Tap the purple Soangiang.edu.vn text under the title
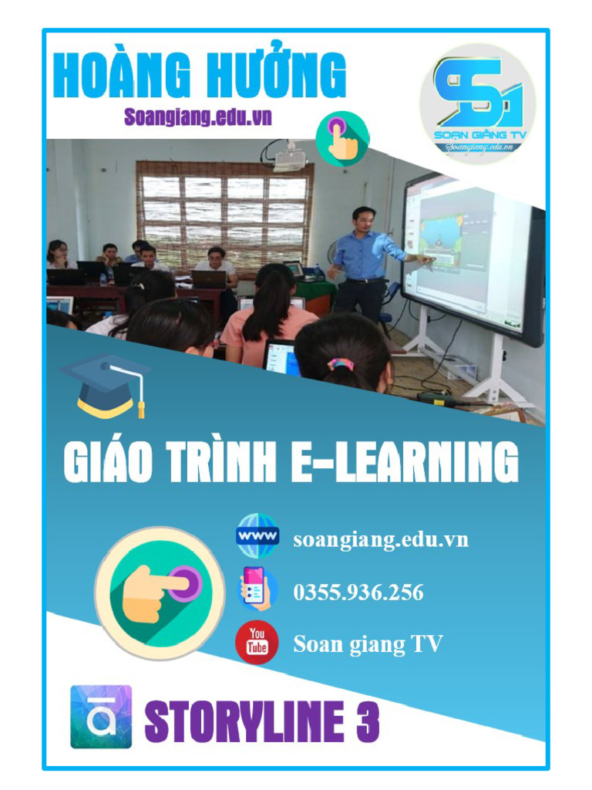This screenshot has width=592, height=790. click(x=198, y=116)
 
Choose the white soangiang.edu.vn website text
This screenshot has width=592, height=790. click(x=381, y=539)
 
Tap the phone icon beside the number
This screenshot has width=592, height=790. click(x=257, y=590)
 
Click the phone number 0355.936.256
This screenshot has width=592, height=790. click(x=358, y=592)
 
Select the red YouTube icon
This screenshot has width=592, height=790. click(x=257, y=642)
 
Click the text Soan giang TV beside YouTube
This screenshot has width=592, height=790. click(x=368, y=644)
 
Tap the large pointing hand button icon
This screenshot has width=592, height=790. click(x=155, y=592)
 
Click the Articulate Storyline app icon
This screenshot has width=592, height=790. click(x=101, y=717)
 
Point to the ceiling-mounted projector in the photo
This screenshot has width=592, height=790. click(x=290, y=160)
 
